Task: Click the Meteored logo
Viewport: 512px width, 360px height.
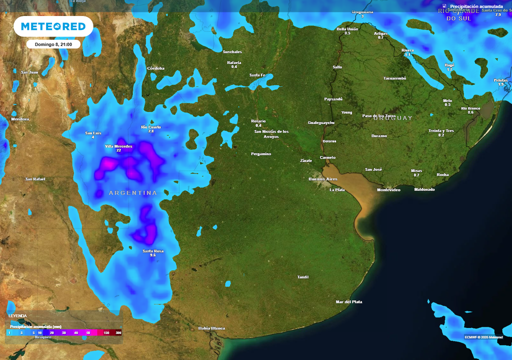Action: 53,26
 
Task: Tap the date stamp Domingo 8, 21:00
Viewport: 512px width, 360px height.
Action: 53,44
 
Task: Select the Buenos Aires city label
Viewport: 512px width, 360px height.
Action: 323,179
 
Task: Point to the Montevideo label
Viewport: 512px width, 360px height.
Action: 388,190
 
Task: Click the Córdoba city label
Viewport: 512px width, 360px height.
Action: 155,68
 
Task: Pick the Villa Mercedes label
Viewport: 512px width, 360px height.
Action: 119,146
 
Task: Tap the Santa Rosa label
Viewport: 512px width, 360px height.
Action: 153,251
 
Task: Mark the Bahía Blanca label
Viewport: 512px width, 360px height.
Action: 211,328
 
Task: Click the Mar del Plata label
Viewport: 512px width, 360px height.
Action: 349,302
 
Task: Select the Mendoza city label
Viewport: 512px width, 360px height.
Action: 20,119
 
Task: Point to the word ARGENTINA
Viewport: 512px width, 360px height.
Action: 133,193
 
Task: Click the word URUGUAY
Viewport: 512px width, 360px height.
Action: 393,118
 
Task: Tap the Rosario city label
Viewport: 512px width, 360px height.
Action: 258,121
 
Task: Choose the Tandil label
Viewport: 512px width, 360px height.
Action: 303,277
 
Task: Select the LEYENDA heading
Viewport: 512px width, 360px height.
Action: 17,316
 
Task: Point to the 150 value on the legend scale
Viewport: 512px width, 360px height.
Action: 106,332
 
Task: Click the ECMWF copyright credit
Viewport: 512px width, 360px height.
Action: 483,337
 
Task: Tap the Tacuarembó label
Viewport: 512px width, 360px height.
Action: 394,78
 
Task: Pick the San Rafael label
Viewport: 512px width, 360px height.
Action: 35,179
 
